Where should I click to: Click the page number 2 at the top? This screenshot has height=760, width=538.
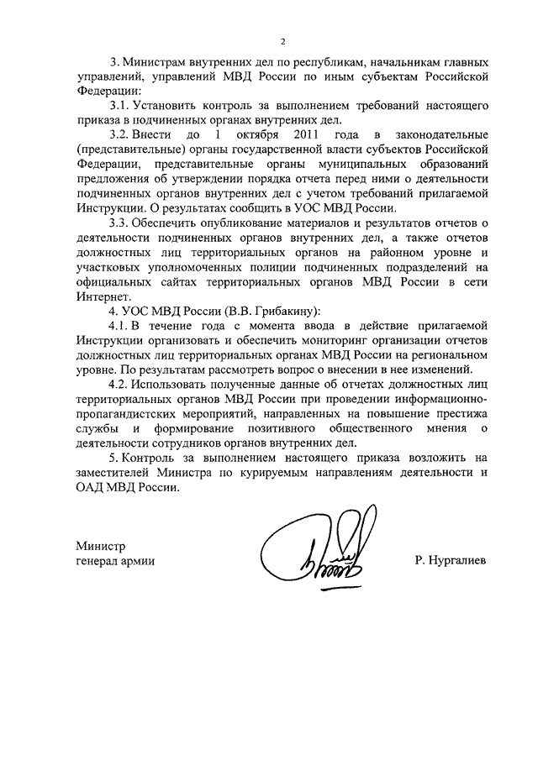pos(283,41)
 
